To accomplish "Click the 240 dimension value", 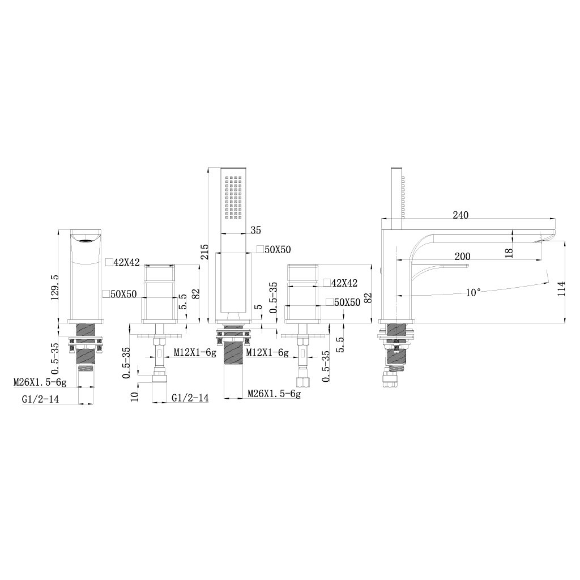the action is click(x=460, y=215).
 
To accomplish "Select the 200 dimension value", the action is click(x=462, y=257).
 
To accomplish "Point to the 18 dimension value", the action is click(x=509, y=253).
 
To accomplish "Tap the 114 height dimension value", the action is click(x=561, y=288).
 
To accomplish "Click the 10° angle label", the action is click(x=474, y=293).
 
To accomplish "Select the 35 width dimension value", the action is click(x=255, y=230).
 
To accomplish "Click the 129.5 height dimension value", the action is click(x=55, y=287).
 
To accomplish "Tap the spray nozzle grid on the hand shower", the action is click(x=233, y=197).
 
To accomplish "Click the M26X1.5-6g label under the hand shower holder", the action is click(x=274, y=394).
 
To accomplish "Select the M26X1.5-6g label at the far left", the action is click(x=40, y=382).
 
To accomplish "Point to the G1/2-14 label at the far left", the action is click(x=41, y=399).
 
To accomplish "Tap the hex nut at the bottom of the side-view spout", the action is click(x=392, y=379).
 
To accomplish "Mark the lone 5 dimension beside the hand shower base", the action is click(x=258, y=306).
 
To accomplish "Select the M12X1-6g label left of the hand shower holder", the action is click(x=195, y=353).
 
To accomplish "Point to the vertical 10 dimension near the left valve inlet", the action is click(x=135, y=396).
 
